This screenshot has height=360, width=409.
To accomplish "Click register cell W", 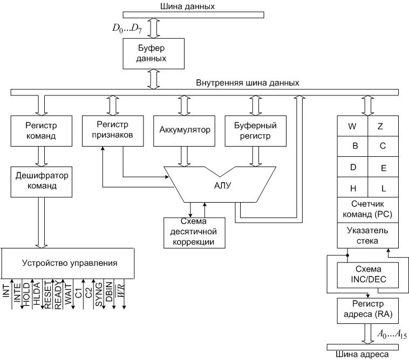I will coord(352,127).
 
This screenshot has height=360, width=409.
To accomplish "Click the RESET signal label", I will coord(47,295).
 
